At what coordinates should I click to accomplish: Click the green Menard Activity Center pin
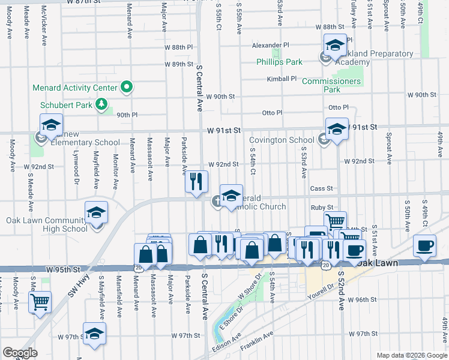pyautogui.click(x=127, y=88)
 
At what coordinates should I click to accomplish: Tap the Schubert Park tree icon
pyautogui.click(x=102, y=104)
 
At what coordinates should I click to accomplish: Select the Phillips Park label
pyautogui.click(x=279, y=62)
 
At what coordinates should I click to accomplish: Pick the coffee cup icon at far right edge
pyautogui.click(x=425, y=245)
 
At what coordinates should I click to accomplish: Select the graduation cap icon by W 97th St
pyautogui.click(x=94, y=333)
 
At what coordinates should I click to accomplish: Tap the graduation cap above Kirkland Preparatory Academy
pyautogui.click(x=335, y=44)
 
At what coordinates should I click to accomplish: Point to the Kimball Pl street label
pyautogui.click(x=282, y=79)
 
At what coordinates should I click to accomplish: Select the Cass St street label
pyautogui.click(x=321, y=188)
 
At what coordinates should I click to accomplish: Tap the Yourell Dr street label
pyautogui.click(x=321, y=292)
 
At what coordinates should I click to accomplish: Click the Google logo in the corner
pyautogui.click(x=20, y=353)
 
